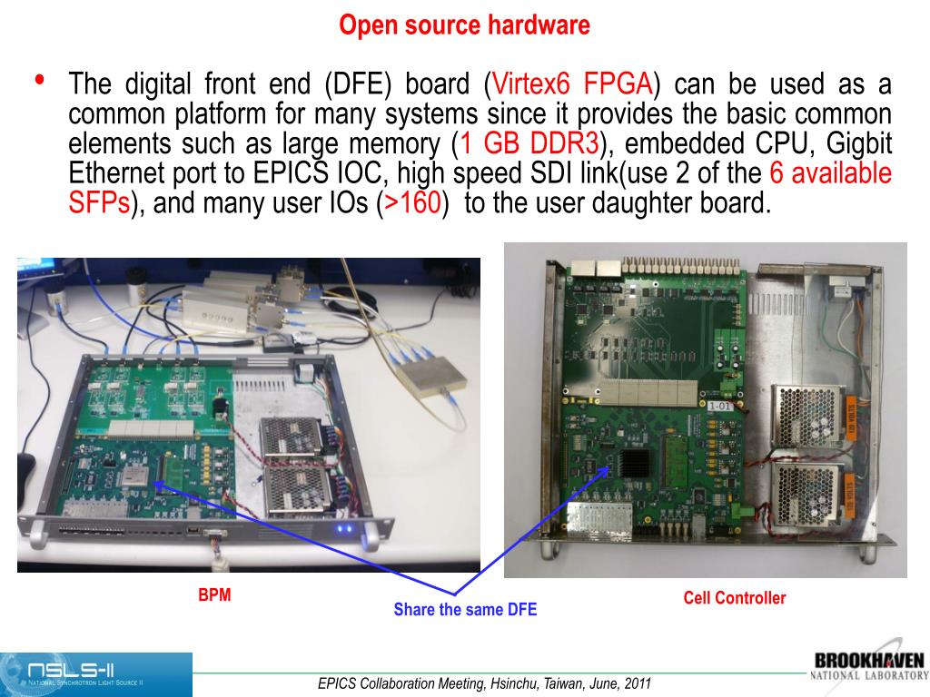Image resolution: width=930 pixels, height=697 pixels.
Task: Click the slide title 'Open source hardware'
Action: pyautogui.click(x=464, y=25)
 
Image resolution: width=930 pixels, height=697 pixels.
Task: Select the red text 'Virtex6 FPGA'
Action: pyautogui.click(x=572, y=83)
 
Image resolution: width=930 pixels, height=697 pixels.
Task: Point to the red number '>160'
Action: pyautogui.click(x=413, y=202)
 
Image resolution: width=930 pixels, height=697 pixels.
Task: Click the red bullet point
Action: pyautogui.click(x=40, y=80)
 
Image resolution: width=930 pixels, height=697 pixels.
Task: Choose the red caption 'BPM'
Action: pyautogui.click(x=214, y=594)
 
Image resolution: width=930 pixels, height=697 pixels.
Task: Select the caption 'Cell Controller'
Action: pyautogui.click(x=734, y=597)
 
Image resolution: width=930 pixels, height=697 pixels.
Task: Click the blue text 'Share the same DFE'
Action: pyautogui.click(x=465, y=609)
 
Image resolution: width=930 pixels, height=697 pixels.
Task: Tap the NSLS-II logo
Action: pyautogui.click(x=96, y=674)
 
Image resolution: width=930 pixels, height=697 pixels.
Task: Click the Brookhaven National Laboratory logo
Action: pyautogui.click(x=869, y=665)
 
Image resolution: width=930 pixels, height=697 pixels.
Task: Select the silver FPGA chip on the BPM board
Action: pyautogui.click(x=135, y=474)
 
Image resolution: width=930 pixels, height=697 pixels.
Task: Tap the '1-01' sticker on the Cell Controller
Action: pyautogui.click(x=719, y=406)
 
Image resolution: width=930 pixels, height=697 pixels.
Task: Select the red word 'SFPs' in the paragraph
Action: pyautogui.click(x=99, y=202)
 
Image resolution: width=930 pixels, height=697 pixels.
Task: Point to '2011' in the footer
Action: pyautogui.click(x=636, y=683)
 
